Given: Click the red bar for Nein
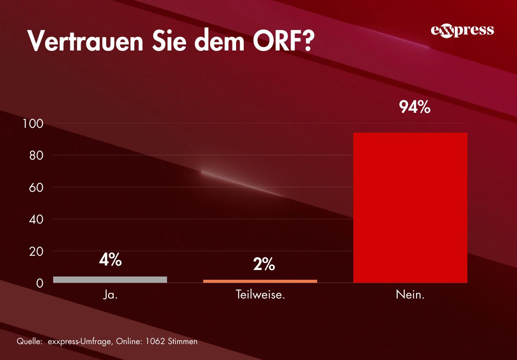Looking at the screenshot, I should pos(410,208).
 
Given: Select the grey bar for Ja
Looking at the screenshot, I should pos(110,279).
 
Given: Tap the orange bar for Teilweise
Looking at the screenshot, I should pos(260,281).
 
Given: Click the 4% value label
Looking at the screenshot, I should pos(110,260).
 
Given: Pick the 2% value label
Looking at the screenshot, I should pos(264,265).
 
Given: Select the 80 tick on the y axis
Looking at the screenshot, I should pos(36,156).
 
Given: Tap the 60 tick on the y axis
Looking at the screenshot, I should pos(36,187).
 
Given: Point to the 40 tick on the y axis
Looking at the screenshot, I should pos(36,219).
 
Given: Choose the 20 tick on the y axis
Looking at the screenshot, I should pos(36,251).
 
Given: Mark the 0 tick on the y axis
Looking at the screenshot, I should pos(39,283).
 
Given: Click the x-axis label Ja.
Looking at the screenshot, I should pos(110,295).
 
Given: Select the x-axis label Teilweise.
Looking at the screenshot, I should pos(260,295).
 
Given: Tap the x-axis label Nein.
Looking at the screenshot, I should pos(410,295).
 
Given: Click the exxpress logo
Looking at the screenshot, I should pos(462,31).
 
